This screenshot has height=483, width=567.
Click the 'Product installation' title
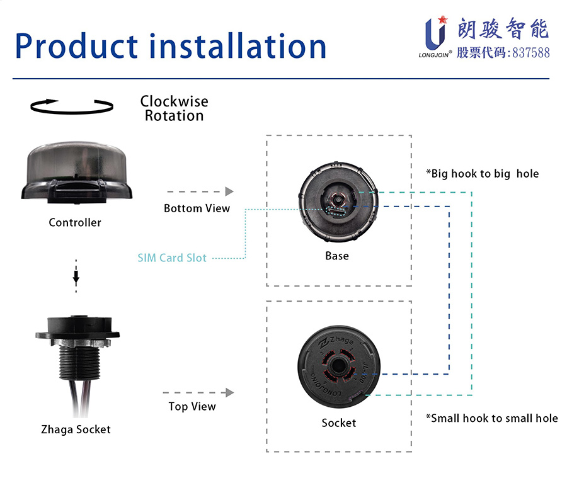coord(171,46)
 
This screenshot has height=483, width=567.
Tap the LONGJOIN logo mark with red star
coord(435,33)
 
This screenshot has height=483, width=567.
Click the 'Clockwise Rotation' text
coord(175,108)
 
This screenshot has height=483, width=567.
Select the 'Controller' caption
coord(75,222)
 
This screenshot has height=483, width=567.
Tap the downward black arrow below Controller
coord(76,276)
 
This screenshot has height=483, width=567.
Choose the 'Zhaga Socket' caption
coord(76,429)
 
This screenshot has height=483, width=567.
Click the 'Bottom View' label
coord(197,208)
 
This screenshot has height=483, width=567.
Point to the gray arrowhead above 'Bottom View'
coord(229,191)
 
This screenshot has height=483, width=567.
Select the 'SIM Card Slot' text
coord(172,258)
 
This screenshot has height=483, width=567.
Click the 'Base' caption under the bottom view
coord(337,256)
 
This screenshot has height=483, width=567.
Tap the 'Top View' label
coord(192,406)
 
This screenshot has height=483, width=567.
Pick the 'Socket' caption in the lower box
coord(339,423)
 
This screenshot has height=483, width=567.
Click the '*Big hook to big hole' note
coord(483,174)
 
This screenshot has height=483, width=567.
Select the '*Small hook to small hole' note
coord(492,418)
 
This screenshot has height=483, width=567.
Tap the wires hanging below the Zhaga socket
coord(80,398)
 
